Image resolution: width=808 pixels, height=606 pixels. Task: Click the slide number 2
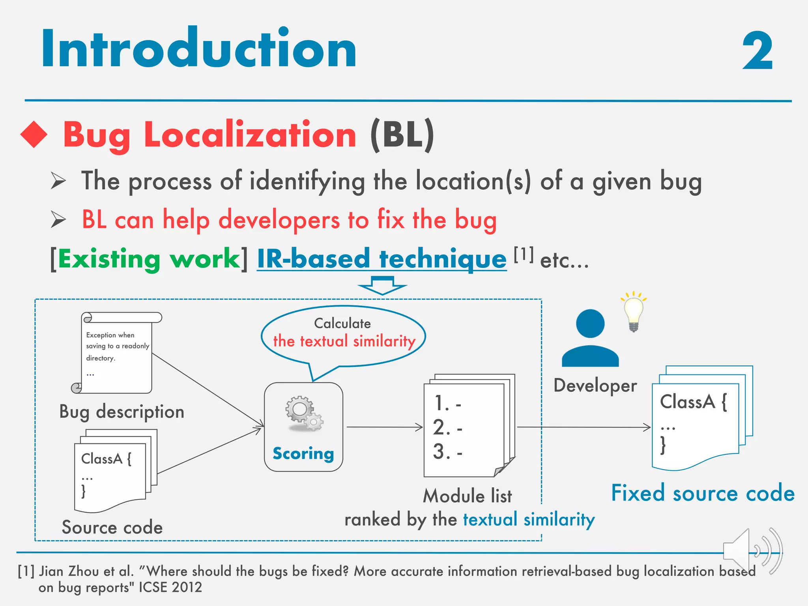point(757,51)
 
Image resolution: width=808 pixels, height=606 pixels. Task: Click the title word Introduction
point(199,49)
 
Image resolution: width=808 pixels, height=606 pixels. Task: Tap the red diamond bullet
point(34,134)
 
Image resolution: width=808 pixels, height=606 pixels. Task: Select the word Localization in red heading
point(250,135)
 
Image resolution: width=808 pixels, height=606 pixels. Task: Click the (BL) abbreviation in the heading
point(402,135)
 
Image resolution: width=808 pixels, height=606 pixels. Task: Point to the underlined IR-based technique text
point(382,259)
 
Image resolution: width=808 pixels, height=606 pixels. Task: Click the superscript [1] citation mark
point(524,254)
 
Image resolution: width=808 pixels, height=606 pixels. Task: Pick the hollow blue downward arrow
point(382,285)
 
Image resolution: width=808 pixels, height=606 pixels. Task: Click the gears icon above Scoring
point(304,413)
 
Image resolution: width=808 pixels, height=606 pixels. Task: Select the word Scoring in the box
point(303,454)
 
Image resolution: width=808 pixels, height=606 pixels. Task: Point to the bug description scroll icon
point(117,353)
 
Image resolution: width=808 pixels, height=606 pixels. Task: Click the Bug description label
point(122,412)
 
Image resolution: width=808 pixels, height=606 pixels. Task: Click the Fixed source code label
point(703,493)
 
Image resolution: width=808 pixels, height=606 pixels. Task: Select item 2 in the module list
point(447,428)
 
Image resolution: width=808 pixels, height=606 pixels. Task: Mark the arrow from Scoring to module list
point(384,427)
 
